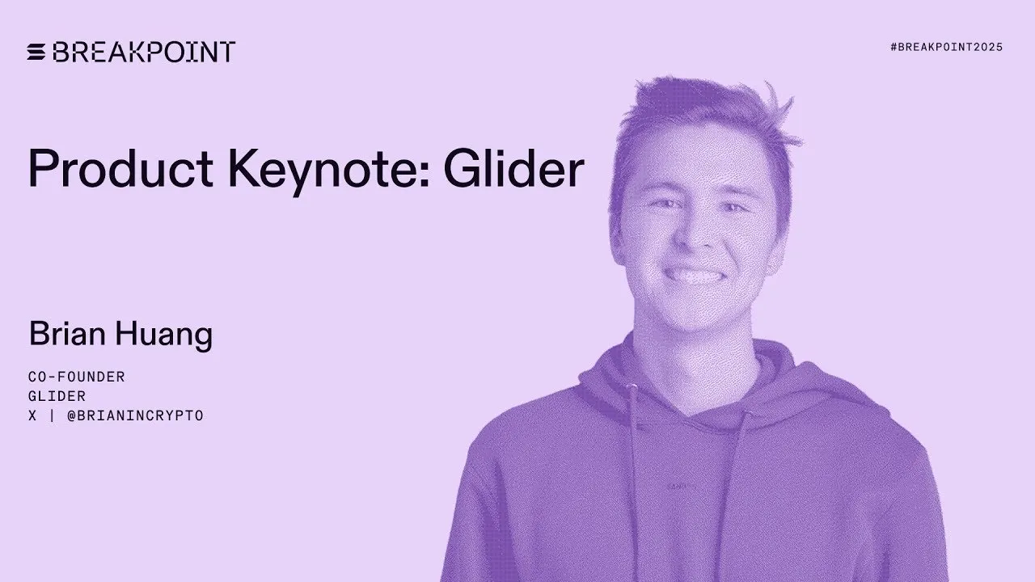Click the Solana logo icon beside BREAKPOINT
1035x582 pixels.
(37, 53)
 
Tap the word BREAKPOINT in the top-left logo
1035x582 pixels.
(143, 53)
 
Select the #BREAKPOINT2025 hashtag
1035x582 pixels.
(946, 48)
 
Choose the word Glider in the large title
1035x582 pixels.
(513, 169)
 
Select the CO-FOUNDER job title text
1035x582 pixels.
(76, 377)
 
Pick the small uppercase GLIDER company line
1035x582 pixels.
(57, 396)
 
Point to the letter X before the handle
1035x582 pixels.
(32, 416)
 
